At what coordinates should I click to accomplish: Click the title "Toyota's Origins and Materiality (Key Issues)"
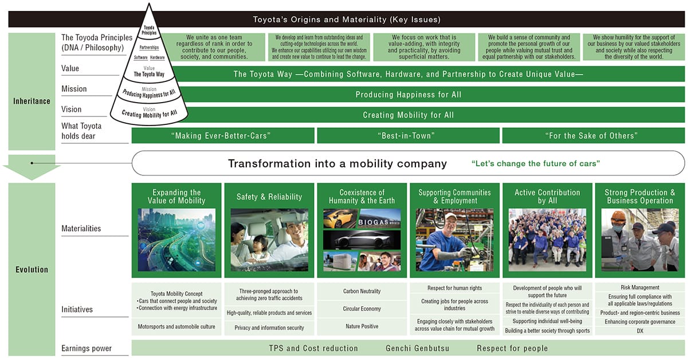tap(347, 19)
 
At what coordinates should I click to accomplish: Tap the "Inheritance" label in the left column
tap(32, 101)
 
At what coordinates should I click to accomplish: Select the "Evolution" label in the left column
tap(32, 269)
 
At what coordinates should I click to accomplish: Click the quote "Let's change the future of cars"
tap(535, 163)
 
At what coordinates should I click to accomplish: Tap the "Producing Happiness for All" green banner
tap(408, 95)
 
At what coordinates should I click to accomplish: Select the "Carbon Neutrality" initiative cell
tap(362, 291)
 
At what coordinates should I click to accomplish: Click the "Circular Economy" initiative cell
tap(362, 309)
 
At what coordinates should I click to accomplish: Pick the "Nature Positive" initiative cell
tap(362, 327)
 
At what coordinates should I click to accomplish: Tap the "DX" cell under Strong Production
tap(640, 331)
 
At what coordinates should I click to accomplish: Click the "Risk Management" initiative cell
tap(640, 287)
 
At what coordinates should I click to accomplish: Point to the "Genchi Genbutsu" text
tap(417, 349)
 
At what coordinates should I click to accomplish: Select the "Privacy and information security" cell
tap(269, 328)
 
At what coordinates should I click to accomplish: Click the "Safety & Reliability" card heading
tap(269, 197)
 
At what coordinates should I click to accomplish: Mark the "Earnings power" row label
tap(87, 349)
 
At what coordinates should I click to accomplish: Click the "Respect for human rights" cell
tap(454, 288)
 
